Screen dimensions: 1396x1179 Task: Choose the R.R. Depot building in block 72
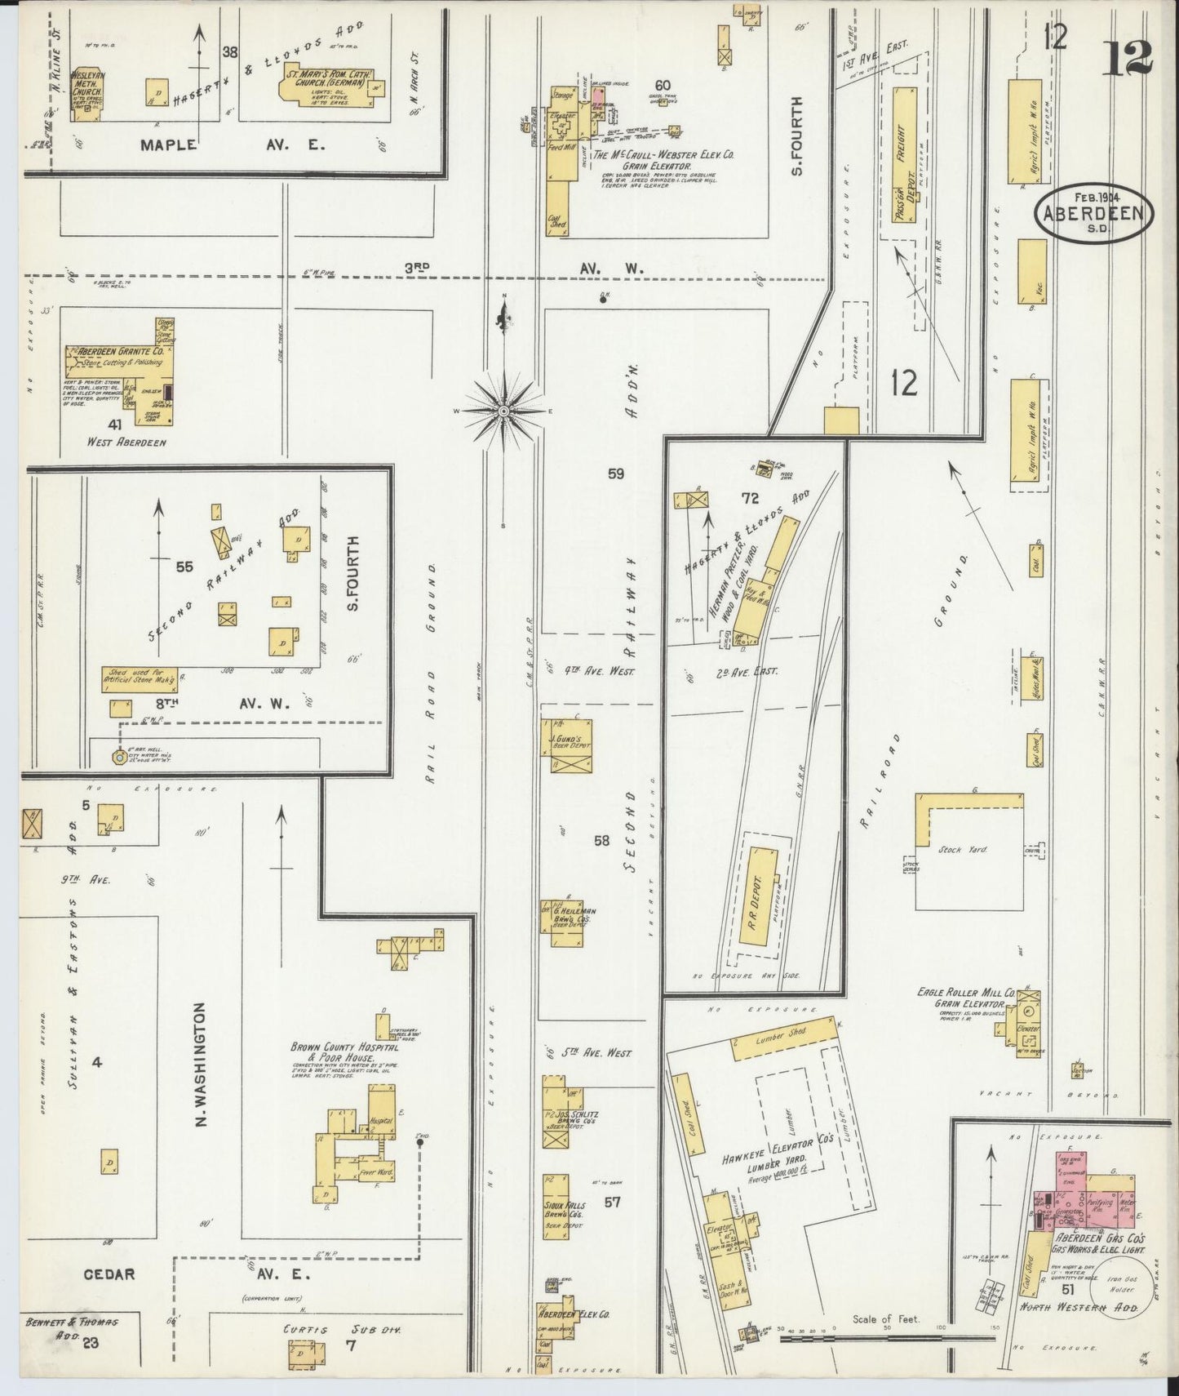pyautogui.click(x=759, y=896)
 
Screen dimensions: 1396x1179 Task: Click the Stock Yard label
pyautogui.click(x=968, y=849)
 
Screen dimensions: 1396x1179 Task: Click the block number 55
pyautogui.click(x=184, y=566)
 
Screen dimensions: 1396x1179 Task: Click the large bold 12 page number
pyautogui.click(x=1127, y=57)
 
